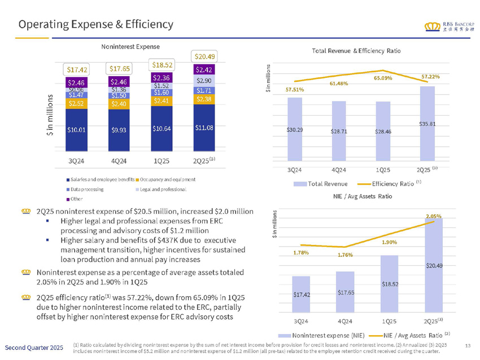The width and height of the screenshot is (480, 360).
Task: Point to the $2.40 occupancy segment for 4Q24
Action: [x=119, y=104]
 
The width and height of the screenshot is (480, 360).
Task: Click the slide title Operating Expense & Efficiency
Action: [x=95, y=24]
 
